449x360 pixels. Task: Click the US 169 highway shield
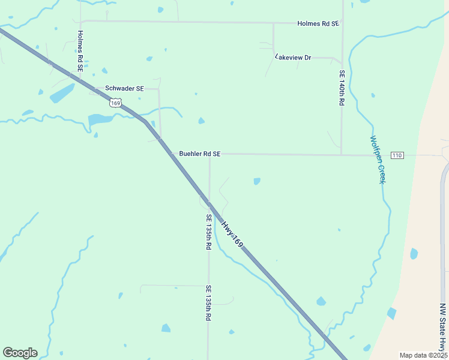coord(116,103)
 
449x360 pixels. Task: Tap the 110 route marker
coord(397,155)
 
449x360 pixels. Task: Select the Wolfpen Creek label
coord(376,159)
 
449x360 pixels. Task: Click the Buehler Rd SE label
coord(200,154)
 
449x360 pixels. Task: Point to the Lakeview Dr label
coord(294,58)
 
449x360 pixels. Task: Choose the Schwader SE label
coord(124,88)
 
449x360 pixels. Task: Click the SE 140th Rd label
coord(342,88)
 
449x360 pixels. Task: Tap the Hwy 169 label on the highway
coord(232,235)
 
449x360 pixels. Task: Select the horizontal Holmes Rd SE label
coord(318,23)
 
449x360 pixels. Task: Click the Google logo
coord(20,353)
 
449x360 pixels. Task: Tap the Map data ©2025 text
coord(423,355)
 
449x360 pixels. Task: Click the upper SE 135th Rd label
coord(208,232)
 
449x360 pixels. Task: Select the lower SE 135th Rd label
coord(208,302)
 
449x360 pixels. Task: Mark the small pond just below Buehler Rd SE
coord(257,181)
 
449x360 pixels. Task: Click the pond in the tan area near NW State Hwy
coord(414,254)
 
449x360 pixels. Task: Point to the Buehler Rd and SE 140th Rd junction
coord(342,155)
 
